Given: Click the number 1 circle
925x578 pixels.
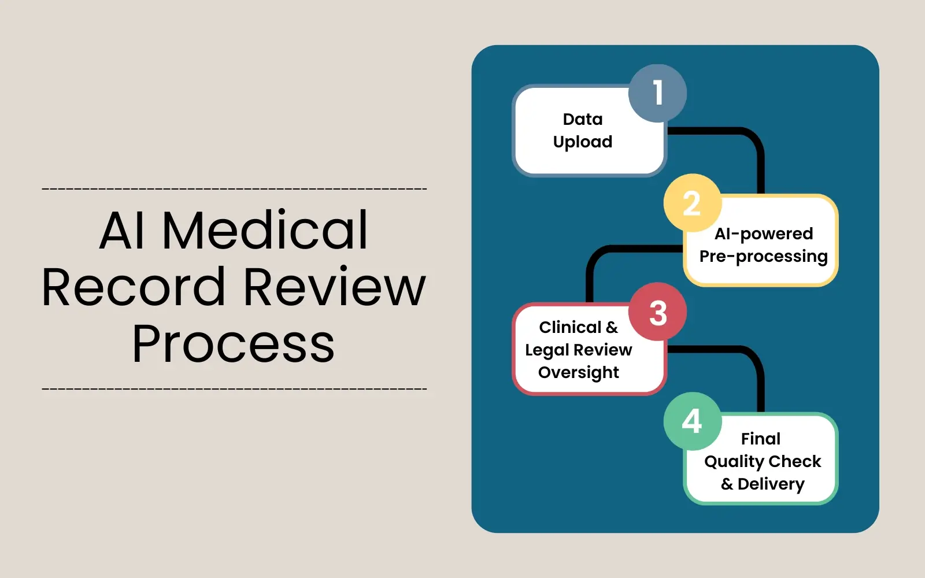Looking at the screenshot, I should pyautogui.click(x=657, y=93).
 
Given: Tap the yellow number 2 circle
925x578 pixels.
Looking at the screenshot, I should pyautogui.click(x=692, y=203).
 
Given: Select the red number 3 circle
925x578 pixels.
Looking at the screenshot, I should pyautogui.click(x=657, y=312).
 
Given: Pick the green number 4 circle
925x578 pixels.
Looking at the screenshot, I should pyautogui.click(x=692, y=421).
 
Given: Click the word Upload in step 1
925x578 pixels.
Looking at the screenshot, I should pyautogui.click(x=582, y=142).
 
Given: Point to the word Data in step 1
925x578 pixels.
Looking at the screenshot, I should pyautogui.click(x=582, y=119).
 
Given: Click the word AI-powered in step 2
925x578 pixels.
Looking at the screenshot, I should pyautogui.click(x=763, y=234).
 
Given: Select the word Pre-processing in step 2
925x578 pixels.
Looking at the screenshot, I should pyautogui.click(x=763, y=257).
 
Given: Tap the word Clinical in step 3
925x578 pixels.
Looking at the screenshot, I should pyautogui.click(x=570, y=327).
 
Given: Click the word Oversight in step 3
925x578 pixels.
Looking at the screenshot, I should pyautogui.click(x=578, y=373).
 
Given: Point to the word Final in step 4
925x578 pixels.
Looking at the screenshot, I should pyautogui.click(x=760, y=439).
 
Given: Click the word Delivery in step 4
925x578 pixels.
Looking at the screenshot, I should pyautogui.click(x=771, y=484).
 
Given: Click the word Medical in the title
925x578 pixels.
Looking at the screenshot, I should pyautogui.click(x=265, y=230).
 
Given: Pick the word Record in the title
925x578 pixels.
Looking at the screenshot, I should pyautogui.click(x=133, y=287).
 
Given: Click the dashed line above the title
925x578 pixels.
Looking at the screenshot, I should pyautogui.click(x=234, y=189).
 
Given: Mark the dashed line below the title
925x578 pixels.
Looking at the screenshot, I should pyautogui.click(x=234, y=389).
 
